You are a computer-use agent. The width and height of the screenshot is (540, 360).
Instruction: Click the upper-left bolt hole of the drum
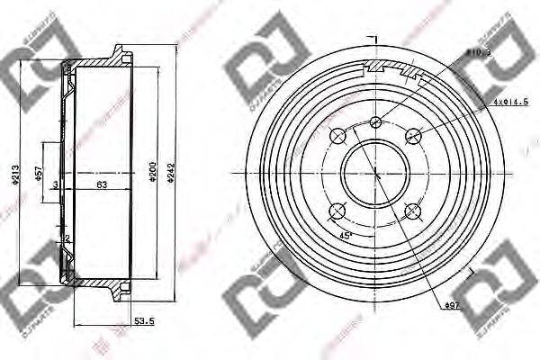(x=338, y=136)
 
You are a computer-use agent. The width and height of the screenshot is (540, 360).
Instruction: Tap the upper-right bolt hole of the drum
(x=413, y=136)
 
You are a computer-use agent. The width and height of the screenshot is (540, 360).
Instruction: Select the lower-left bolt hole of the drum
(x=338, y=211)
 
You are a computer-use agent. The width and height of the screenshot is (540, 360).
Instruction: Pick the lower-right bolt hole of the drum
(x=413, y=211)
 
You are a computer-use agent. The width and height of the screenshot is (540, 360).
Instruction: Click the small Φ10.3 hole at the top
(x=376, y=123)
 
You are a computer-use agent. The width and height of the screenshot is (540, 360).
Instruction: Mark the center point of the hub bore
(x=376, y=173)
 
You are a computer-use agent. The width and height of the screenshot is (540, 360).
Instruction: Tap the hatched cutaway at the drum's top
(x=391, y=68)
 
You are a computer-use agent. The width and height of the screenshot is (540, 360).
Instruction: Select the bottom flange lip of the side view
(x=118, y=291)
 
